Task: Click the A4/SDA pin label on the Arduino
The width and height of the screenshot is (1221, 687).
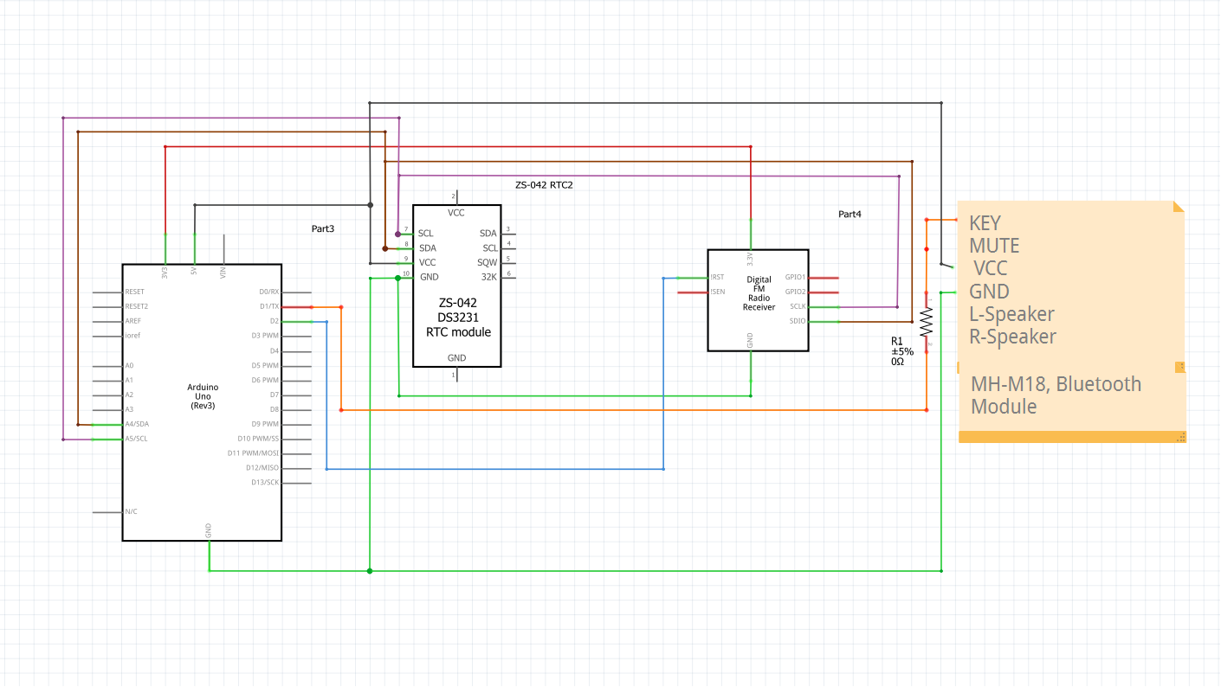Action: [137, 424]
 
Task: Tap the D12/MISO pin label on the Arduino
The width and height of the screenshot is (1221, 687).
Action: [262, 468]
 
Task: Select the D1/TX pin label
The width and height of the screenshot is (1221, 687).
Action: [269, 306]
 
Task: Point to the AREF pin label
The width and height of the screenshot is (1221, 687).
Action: [133, 321]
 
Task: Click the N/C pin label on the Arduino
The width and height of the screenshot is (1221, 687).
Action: [131, 511]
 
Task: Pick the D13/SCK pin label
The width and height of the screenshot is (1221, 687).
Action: [265, 482]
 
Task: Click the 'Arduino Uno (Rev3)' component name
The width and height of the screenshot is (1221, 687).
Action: [203, 396]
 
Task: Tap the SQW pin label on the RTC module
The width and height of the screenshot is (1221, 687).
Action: [487, 262]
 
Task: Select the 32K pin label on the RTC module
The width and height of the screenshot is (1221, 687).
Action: [489, 277]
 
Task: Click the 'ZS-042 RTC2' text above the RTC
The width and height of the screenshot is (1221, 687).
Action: [544, 185]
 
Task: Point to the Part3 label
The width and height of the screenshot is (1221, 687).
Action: [323, 228]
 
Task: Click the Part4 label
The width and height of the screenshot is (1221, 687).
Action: [850, 214]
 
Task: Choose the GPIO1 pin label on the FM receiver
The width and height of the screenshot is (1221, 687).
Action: [795, 278]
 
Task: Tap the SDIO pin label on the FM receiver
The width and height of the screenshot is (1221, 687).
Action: [798, 321]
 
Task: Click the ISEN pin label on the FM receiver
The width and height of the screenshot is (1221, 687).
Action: [717, 292]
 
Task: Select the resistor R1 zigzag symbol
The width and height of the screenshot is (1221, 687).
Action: [926, 323]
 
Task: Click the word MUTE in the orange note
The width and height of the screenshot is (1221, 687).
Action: [994, 246]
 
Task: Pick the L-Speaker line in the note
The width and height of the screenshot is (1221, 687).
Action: [1011, 314]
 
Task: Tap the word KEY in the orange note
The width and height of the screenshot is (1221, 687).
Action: [985, 223]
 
